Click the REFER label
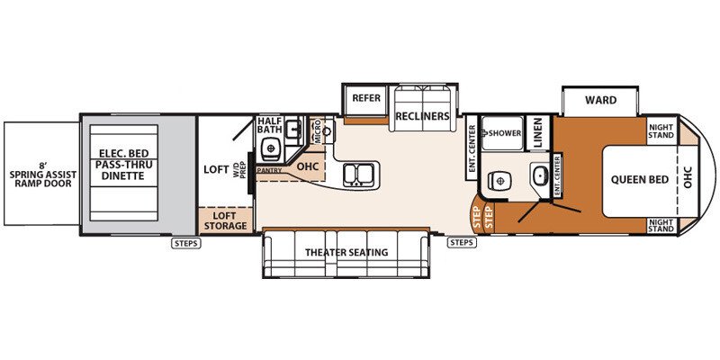pos(366,98)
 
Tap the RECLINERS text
pos(422,116)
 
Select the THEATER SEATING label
pos(346,253)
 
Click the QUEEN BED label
pos(640,179)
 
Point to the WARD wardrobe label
pos(600,100)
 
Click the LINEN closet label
pos(538,132)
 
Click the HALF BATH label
pos(269,125)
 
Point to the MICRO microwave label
pos(318,130)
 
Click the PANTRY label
pos(269,170)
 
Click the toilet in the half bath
pos(272,148)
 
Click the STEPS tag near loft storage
pos(186,243)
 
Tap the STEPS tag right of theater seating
pos(461,242)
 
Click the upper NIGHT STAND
pos(661,131)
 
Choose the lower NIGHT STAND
pos(661,225)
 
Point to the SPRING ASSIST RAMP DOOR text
pos(41,175)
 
